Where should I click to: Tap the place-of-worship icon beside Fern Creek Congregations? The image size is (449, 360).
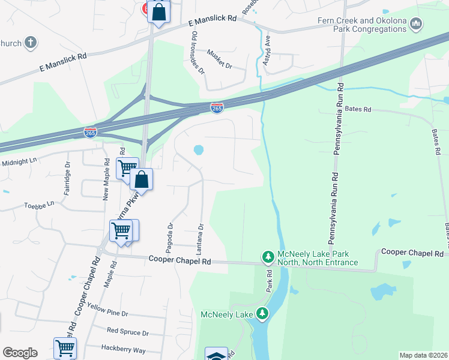[x=417, y=25]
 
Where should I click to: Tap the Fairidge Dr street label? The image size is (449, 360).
[x=67, y=179]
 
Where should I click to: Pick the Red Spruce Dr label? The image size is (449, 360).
[x=127, y=332]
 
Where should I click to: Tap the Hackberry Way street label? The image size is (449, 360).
[x=123, y=349]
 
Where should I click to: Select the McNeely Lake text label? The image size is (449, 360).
[x=226, y=313]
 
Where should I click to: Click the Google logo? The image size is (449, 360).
[x=20, y=353]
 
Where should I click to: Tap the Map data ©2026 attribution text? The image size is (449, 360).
[x=423, y=355]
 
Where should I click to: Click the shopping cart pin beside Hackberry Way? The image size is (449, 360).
[x=65, y=347]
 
